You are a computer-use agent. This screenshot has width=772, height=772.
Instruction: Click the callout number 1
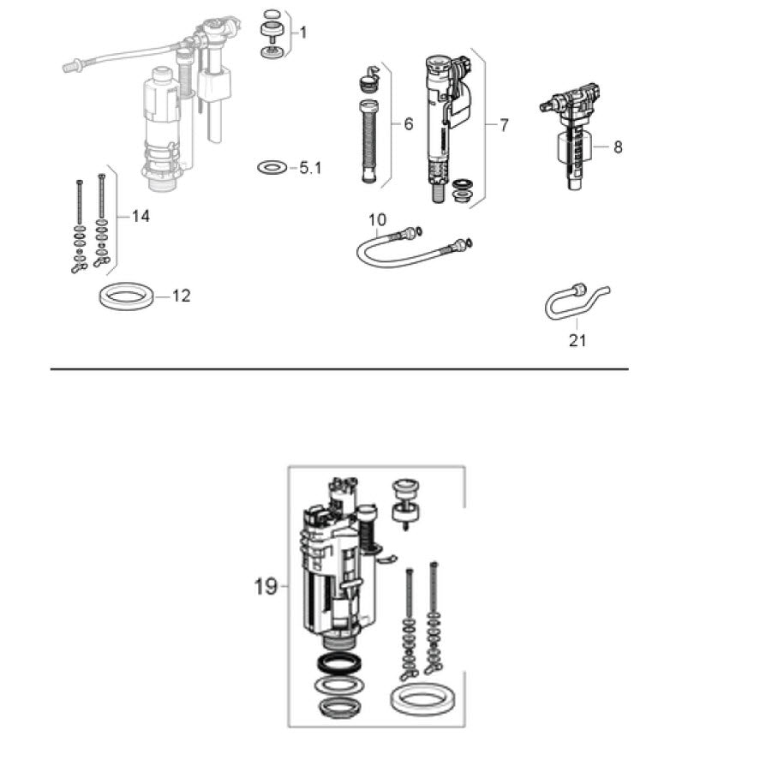[x=303, y=33]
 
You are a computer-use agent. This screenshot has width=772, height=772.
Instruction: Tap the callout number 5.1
[x=310, y=168]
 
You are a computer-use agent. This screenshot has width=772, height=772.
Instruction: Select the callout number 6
[x=408, y=124]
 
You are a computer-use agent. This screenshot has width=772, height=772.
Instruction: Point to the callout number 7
[x=504, y=125]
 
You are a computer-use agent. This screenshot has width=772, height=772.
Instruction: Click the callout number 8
[x=618, y=147]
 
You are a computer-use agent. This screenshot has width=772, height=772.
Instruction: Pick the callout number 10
[x=378, y=219]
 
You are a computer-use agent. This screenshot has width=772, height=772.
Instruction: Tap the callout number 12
[x=181, y=296]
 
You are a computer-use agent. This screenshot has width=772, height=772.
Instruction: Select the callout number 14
[x=141, y=216]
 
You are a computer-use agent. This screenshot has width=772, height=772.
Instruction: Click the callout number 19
[x=266, y=586]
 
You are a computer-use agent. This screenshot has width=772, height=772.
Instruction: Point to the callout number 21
[x=578, y=340]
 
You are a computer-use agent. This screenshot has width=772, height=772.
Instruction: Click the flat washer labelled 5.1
[x=272, y=167]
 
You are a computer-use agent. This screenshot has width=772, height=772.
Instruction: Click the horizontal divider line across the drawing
[x=339, y=368]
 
